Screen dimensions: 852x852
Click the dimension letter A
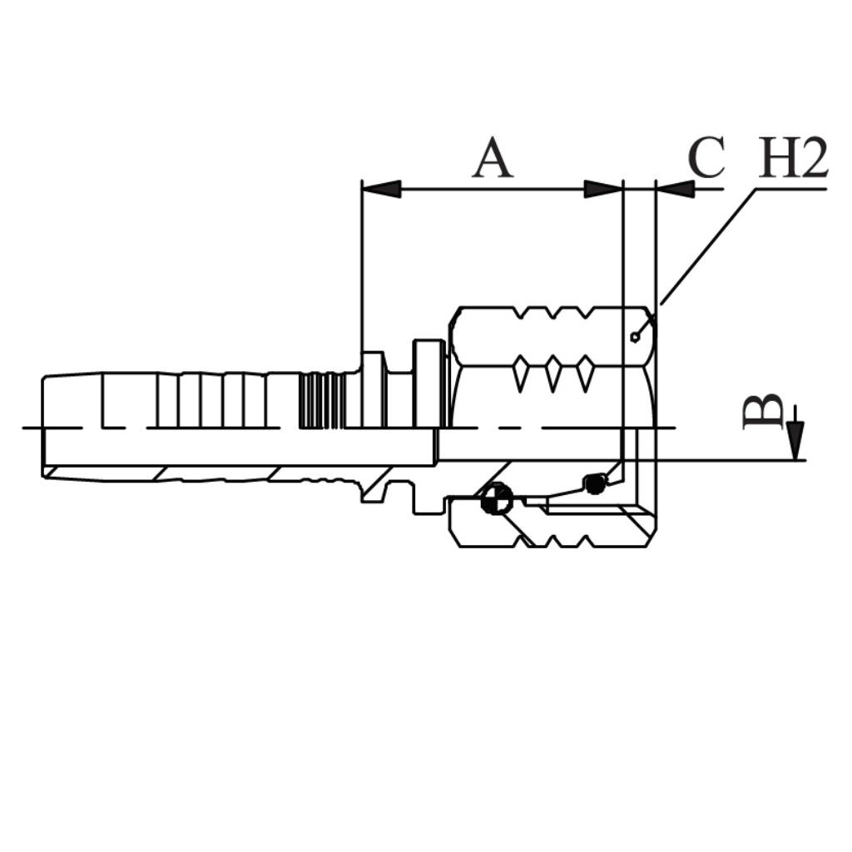[493, 158]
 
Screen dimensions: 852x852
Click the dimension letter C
[706, 158]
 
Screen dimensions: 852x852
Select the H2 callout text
[793, 158]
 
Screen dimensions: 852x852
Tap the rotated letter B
[763, 412]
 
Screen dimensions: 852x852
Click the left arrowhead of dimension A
[381, 189]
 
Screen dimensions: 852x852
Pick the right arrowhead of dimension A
[603, 189]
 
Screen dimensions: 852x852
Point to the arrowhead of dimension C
[676, 189]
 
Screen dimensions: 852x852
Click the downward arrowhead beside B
[795, 441]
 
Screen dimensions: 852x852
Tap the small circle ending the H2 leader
[635, 338]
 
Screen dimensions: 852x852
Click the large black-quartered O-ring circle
[497, 498]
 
